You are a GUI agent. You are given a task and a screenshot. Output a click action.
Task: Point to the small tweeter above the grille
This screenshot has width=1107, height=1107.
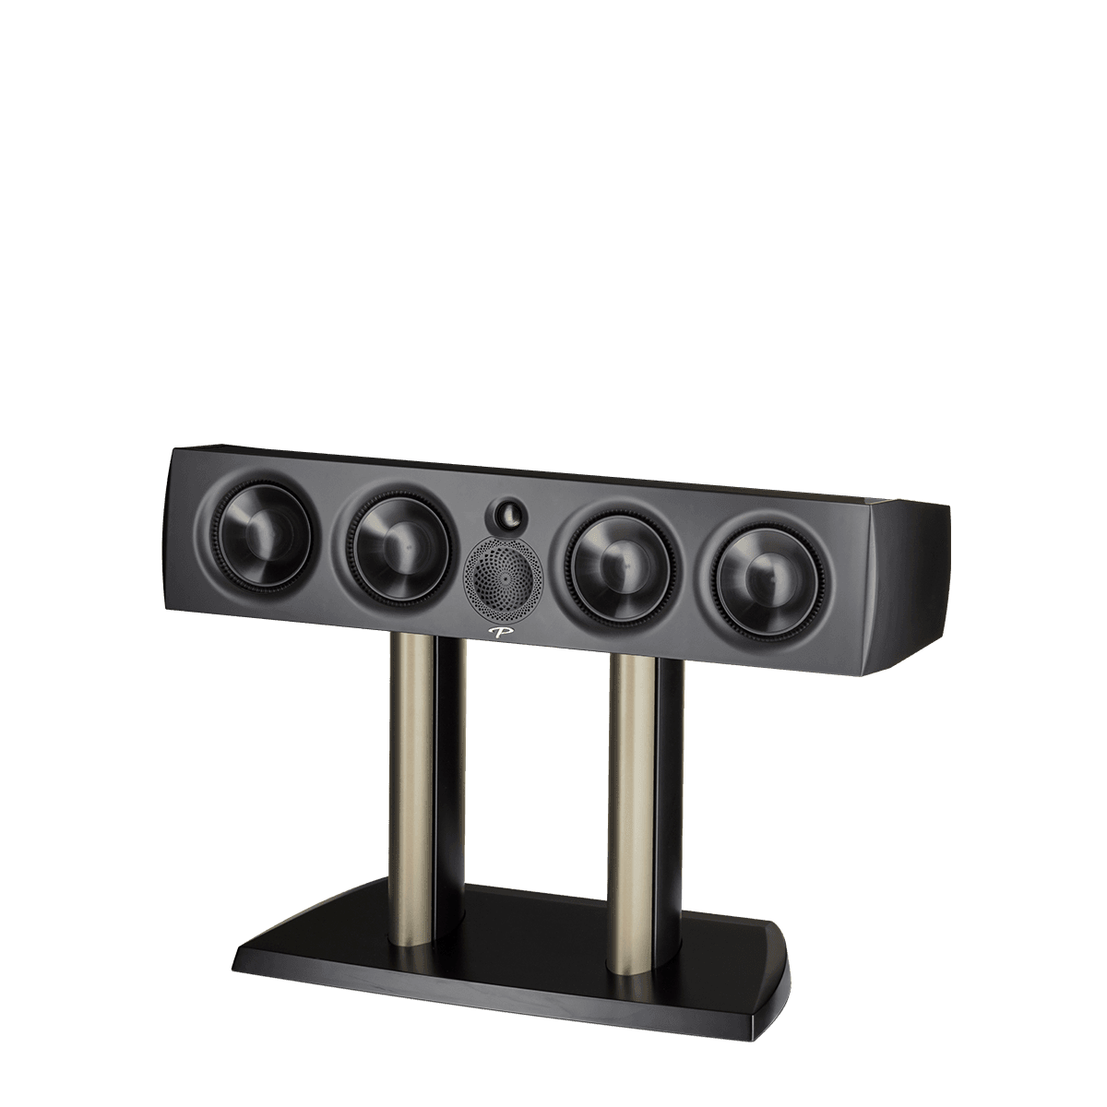(506, 512)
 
